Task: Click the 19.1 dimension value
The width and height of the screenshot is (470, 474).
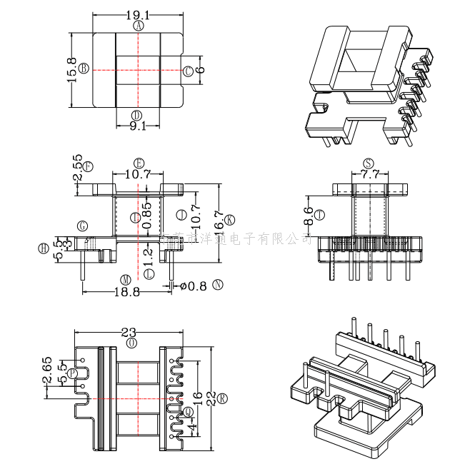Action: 139,14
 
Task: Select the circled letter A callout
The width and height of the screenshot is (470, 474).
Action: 139,26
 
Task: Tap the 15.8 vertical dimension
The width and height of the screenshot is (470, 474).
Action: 72,69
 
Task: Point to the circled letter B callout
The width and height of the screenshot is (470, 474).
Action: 84,69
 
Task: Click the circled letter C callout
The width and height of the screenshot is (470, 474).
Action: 188,71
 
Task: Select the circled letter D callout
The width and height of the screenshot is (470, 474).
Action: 137,116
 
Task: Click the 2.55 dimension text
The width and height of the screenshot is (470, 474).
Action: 77,168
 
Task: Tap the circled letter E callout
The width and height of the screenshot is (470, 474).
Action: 139,163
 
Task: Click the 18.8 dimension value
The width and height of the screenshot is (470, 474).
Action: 126,290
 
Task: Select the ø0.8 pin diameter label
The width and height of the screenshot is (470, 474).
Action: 193,286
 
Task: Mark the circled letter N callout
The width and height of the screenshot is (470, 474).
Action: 218,284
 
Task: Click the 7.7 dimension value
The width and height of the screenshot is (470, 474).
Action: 369,173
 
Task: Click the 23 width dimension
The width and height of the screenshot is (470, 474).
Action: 129,332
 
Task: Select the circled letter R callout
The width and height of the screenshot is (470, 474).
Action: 223,398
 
